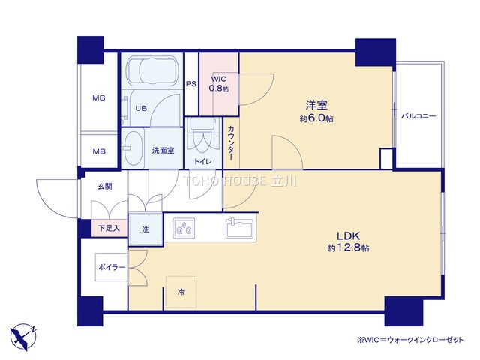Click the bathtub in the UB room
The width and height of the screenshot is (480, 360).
tap(152, 71)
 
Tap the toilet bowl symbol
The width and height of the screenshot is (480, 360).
tap(202, 136)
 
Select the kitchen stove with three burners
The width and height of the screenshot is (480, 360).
tap(184, 228)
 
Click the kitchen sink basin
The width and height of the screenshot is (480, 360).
tap(239, 228)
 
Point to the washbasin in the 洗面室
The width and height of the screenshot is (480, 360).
tap(133, 148)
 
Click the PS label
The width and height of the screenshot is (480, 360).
tap(191, 83)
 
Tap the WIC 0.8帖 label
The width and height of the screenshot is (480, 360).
tap(218, 84)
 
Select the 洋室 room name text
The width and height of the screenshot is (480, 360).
tap(316, 105)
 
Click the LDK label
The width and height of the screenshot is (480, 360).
tap(348, 235)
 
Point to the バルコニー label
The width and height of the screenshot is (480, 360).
tap(418, 116)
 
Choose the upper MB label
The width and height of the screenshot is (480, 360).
tap(99, 98)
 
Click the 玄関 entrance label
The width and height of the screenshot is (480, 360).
tap(105, 186)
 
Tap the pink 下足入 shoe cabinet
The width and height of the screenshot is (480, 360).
tap(109, 228)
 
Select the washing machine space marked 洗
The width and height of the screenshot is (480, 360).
tap(145, 229)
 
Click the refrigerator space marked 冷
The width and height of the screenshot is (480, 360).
tap(181, 292)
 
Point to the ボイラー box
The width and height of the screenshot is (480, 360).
tap(112, 267)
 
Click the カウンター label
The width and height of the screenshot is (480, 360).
tap(231, 143)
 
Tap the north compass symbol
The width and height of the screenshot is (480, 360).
tap(23, 337)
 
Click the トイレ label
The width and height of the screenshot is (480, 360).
tap(202, 161)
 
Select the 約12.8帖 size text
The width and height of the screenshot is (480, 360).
tap(348, 247)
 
